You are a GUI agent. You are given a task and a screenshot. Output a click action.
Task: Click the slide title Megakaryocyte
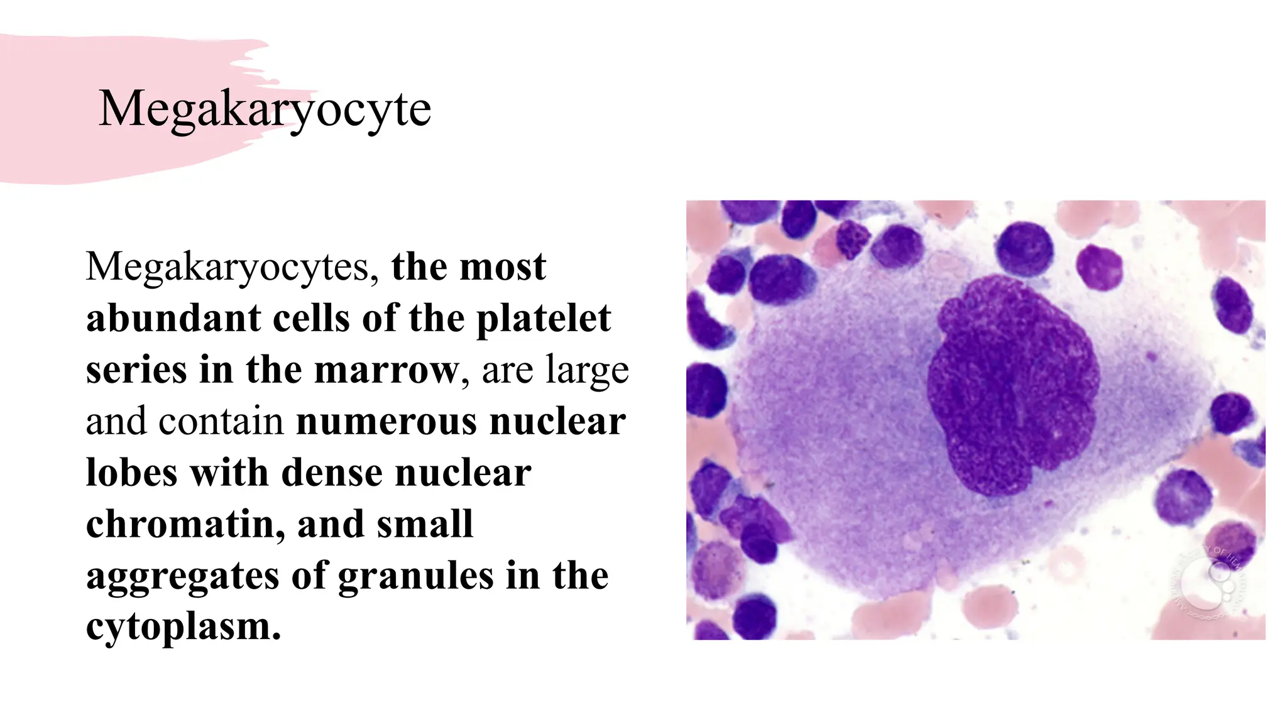coord(265,109)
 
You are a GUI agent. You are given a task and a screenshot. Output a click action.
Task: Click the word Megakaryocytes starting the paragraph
coord(232,266)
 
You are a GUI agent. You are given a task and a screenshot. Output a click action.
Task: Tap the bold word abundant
coord(173,318)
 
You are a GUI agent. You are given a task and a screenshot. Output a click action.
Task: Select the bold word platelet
coord(544,319)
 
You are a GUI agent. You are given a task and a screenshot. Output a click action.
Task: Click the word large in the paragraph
coord(587,371)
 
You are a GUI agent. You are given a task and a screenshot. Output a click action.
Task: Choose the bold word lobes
coord(131,473)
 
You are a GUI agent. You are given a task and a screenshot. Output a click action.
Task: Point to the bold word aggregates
coord(182,577)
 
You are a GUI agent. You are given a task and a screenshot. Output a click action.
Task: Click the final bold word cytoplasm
coord(183,627)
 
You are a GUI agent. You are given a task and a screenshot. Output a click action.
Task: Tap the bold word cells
coord(310,318)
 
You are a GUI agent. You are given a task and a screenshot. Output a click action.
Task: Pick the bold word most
coord(502,266)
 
